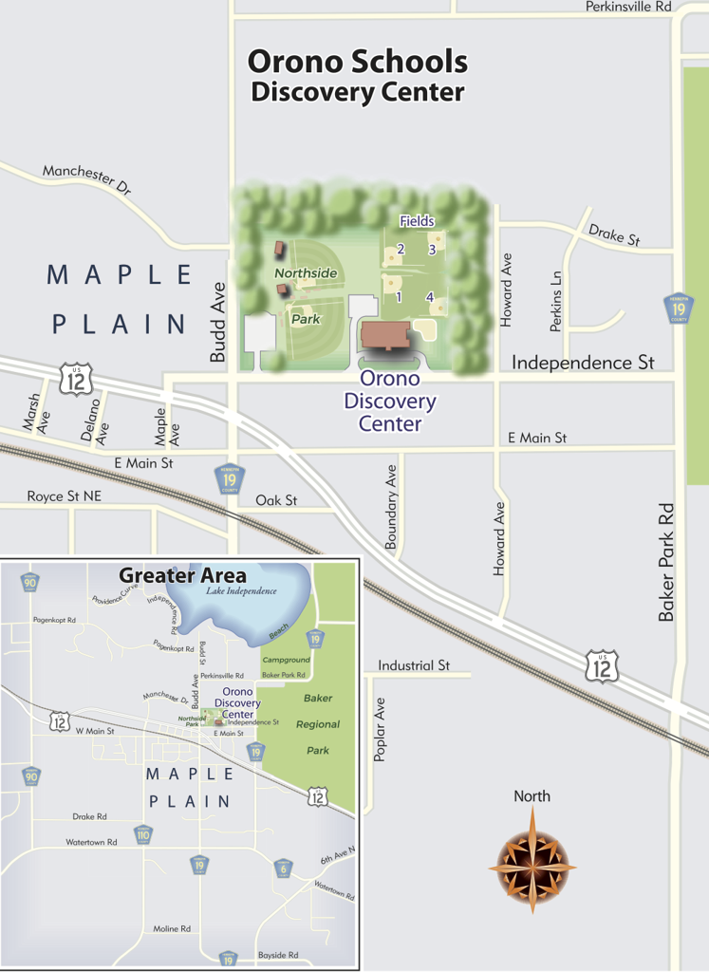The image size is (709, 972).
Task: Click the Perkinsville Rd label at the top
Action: coord(627,7)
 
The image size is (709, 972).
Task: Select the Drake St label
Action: coord(614,234)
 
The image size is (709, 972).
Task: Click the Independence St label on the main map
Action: coord(583,363)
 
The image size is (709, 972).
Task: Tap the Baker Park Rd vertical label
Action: coord(667,562)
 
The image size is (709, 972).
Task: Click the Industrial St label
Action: coord(413,666)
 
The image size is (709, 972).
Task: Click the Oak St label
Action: coord(276,500)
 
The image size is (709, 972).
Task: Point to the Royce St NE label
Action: coord(64,496)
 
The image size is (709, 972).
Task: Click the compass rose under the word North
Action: coord(532,859)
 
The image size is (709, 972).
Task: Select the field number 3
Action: coord(432,250)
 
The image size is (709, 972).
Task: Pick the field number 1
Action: coord(400,297)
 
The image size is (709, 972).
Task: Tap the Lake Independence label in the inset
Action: coord(241,591)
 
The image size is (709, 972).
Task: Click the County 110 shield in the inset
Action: coord(143,834)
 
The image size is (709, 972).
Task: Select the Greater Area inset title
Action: coord(182,575)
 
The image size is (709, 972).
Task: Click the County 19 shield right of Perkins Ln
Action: coord(676,308)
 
